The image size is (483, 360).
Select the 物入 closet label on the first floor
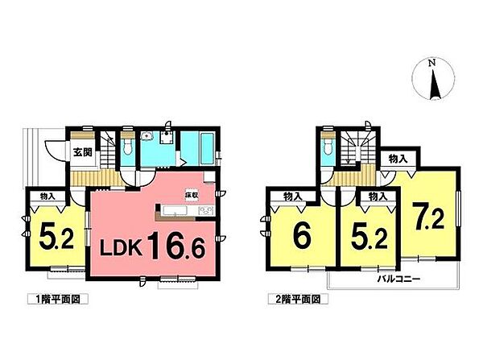[x=47, y=195]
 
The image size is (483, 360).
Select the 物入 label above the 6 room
[x=293, y=196]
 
